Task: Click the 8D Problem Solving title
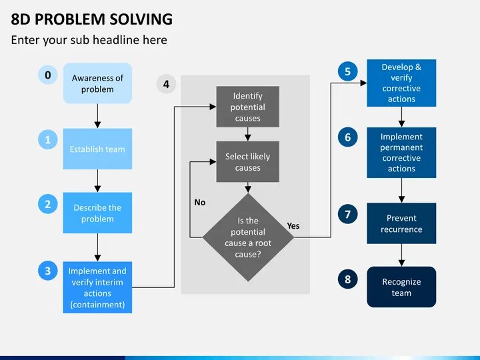tap(91, 19)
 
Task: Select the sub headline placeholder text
tap(89, 40)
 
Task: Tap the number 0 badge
tap(47, 75)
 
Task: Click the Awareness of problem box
tap(97, 83)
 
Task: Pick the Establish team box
tap(97, 149)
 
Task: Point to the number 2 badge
tap(47, 205)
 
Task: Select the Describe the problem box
tap(97, 213)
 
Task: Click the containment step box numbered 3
tap(97, 287)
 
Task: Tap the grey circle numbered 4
tap(166, 84)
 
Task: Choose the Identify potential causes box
tap(247, 107)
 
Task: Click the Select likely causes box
tap(247, 162)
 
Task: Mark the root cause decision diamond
tap(247, 237)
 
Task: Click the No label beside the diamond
tap(200, 202)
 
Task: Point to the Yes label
tap(293, 225)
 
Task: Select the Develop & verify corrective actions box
tap(401, 83)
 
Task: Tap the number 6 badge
tap(347, 137)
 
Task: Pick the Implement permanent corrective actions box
tap(401, 153)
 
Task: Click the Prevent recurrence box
tap(401, 223)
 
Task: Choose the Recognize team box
tap(401, 287)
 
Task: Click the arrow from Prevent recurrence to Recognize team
tap(401, 255)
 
